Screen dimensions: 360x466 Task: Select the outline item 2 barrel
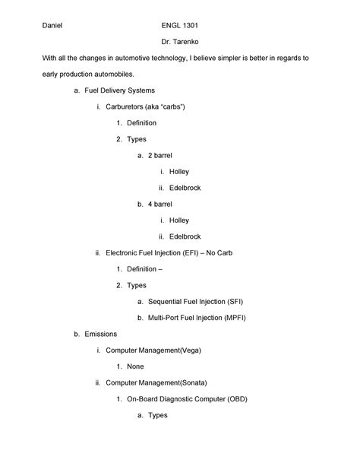click(160, 155)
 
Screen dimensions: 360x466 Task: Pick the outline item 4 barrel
click(160, 204)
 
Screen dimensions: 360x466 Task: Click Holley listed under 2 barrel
click(178, 171)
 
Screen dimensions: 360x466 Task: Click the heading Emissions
click(101, 334)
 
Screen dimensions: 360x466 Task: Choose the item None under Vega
click(135, 366)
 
